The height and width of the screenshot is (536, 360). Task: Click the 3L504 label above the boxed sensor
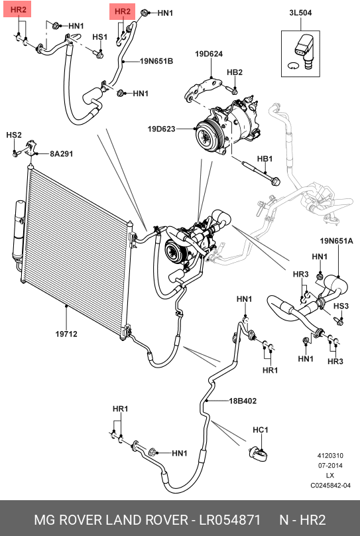(300, 13)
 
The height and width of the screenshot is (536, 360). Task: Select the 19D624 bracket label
(209, 54)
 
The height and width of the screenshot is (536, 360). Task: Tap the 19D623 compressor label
(161, 129)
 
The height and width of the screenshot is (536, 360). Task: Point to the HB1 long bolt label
(265, 159)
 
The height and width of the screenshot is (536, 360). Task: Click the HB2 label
(235, 72)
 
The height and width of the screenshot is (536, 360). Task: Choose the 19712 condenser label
(66, 334)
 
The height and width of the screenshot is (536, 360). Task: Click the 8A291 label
(62, 153)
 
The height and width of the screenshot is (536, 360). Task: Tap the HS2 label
(14, 135)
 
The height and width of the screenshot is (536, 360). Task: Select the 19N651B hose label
(156, 61)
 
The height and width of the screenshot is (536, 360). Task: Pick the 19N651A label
(336, 241)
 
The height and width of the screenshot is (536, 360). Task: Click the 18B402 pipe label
(243, 401)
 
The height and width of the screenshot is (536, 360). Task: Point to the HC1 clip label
(261, 430)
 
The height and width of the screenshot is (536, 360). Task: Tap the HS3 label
(341, 306)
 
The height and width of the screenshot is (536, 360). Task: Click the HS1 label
(99, 36)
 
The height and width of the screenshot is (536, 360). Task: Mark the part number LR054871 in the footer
(230, 519)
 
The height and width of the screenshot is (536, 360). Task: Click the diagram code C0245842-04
(330, 486)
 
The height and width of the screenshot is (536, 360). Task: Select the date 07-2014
(330, 466)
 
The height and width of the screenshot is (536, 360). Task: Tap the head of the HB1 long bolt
(275, 180)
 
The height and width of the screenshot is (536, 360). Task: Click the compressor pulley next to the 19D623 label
(208, 135)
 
